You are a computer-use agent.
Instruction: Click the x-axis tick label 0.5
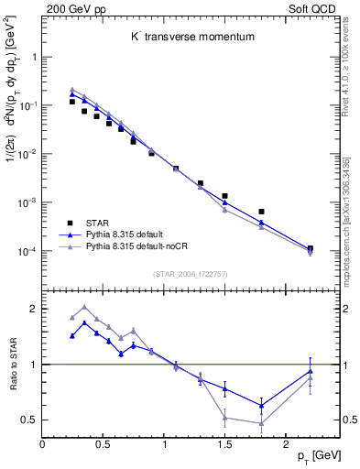[x=103, y=444]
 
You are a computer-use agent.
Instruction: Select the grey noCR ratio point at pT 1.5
[x=224, y=418]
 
